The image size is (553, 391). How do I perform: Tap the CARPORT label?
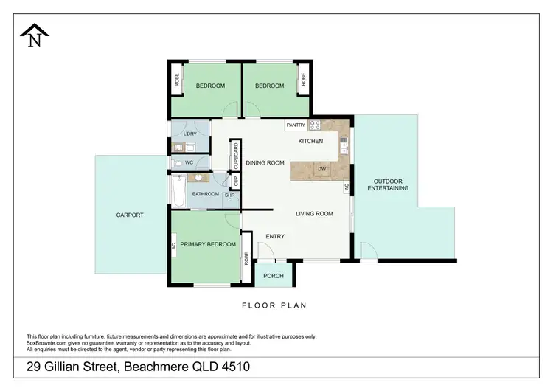coord(129,215)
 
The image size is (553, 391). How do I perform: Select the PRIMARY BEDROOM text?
coord(208,244)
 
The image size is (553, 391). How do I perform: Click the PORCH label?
coord(274,277)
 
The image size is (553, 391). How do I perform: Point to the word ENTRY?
coord(275,236)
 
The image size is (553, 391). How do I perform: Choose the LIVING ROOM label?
coord(314,214)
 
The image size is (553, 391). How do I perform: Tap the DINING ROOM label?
coord(265,163)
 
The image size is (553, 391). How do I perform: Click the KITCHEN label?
coord(310,141)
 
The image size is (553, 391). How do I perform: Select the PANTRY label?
coord(296,125)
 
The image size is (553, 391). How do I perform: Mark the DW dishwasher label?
coord(321,170)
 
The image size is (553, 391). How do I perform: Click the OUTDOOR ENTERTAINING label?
coord(388,184)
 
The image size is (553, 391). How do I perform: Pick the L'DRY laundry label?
coord(189,134)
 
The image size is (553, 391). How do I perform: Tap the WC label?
coord(189,162)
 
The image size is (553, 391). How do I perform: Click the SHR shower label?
coord(229,195)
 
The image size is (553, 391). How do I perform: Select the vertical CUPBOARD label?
coord(236,156)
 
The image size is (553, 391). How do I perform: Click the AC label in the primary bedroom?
coord(173,247)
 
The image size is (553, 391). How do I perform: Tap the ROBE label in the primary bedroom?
coord(246,257)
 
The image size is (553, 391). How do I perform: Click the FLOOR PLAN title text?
coord(274,305)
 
